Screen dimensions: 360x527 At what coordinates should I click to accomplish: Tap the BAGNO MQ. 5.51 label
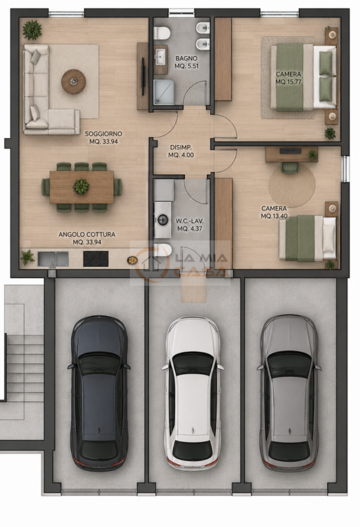point(186,62)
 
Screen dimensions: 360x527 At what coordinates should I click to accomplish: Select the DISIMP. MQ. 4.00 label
point(181,152)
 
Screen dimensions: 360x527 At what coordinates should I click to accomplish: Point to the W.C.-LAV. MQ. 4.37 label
point(190,225)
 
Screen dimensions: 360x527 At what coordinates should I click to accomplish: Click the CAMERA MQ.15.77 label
point(288,78)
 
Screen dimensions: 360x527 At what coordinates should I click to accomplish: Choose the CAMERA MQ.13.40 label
point(274,212)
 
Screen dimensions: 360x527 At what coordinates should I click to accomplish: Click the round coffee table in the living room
point(73,81)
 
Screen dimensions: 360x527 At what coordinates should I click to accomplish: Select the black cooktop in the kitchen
point(95,258)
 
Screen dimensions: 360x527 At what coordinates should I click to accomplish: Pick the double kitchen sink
point(53,259)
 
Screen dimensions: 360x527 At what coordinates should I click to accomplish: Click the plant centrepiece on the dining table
point(81,186)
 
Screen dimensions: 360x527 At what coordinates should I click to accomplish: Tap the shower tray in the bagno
point(164,92)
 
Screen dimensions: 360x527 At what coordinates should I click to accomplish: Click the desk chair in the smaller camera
point(290,168)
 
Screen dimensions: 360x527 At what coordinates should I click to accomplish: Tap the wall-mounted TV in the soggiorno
point(143,76)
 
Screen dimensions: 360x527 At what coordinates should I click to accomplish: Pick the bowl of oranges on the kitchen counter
point(132,260)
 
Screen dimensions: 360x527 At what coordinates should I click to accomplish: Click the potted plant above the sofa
point(32,30)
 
